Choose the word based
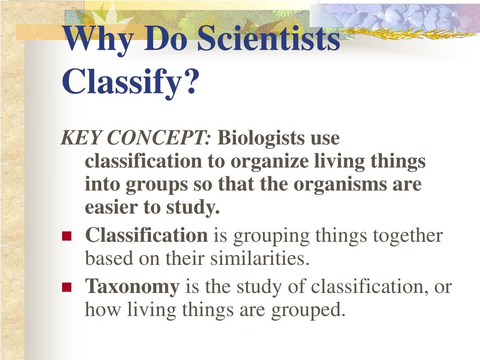point(105,259)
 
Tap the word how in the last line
point(99,310)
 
